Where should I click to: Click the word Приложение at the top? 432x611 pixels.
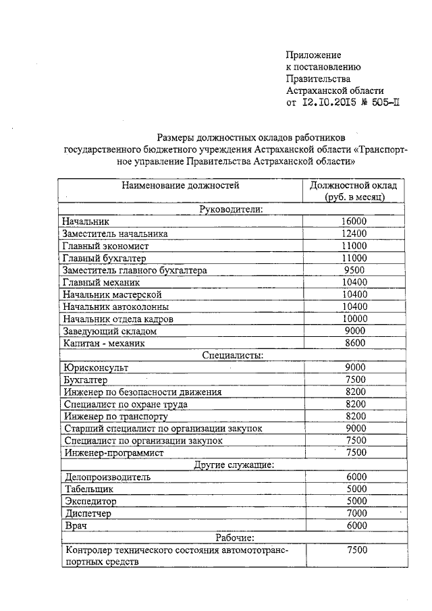pos(313,55)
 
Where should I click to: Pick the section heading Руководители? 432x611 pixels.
pos(231,209)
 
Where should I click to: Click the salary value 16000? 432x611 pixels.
pos(354,221)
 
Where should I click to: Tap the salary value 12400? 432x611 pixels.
pos(354,234)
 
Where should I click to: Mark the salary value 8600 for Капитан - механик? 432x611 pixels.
pos(354,343)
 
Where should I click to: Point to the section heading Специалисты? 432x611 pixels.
pos(232,354)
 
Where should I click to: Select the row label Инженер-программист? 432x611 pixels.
pos(114,453)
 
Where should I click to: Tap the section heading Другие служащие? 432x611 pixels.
pos(232,464)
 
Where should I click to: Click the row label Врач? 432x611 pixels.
pos(73,526)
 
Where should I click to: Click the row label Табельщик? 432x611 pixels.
pos(89,489)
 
